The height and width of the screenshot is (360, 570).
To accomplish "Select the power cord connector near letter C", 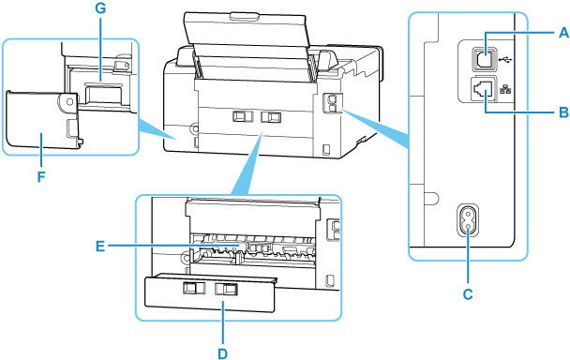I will [x=466, y=223].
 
